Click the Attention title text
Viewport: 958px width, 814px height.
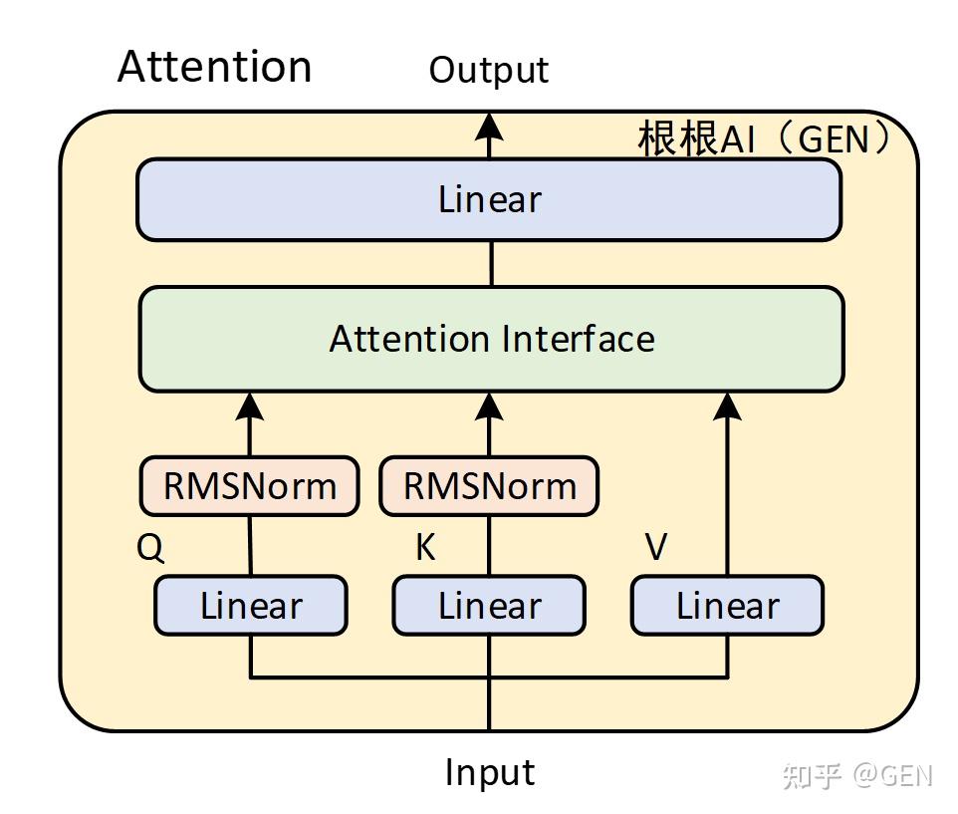click(x=214, y=67)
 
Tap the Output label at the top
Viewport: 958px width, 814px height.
click(x=488, y=70)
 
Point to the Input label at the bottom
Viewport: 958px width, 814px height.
click(x=489, y=772)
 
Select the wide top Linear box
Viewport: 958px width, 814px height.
click(x=489, y=199)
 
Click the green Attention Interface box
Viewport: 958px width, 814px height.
click(x=491, y=339)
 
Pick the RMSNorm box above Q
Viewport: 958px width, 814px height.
click(x=249, y=486)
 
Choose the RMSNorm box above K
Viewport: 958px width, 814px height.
click(x=489, y=486)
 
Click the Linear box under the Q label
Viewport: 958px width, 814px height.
click(x=250, y=606)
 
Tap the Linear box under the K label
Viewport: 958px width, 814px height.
click(x=489, y=606)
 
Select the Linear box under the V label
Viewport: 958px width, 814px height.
click(x=727, y=606)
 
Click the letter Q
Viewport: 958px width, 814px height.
click(x=150, y=548)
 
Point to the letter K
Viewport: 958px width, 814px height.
click(x=425, y=548)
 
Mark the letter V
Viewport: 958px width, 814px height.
click(x=656, y=548)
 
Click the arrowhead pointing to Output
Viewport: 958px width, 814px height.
click(x=489, y=126)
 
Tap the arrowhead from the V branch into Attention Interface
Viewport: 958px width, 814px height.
click(x=728, y=405)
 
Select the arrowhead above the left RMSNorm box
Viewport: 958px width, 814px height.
click(x=249, y=405)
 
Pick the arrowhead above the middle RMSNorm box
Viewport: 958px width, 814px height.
click(x=489, y=405)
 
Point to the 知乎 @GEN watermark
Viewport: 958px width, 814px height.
click(x=857, y=775)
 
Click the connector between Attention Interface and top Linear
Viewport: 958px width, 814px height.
click(x=490, y=264)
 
